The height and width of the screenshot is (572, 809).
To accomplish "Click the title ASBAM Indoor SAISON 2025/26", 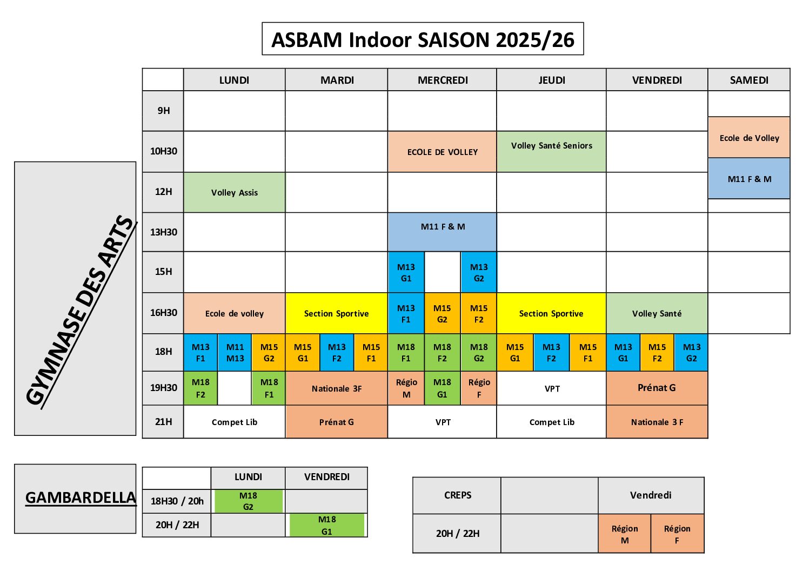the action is pyautogui.click(x=423, y=39).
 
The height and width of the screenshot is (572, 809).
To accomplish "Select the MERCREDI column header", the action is pyautogui.click(x=442, y=80).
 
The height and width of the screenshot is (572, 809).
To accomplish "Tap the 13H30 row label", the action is pyautogui.click(x=163, y=232).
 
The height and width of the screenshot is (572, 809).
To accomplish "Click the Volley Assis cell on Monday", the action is pyautogui.click(x=235, y=192).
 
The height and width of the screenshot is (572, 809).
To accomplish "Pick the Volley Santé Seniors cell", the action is pyautogui.click(x=551, y=151).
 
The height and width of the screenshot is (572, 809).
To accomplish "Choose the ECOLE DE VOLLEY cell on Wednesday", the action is pyautogui.click(x=442, y=152).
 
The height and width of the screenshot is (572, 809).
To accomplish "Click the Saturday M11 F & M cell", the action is pyautogui.click(x=749, y=179).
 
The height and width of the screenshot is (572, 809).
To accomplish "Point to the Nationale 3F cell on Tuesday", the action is pyautogui.click(x=337, y=388).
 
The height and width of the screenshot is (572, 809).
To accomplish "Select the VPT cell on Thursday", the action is pyautogui.click(x=551, y=388).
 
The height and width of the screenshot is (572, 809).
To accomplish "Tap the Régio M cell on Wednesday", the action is pyautogui.click(x=406, y=388).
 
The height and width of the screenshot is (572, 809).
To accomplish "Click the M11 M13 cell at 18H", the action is pyautogui.click(x=235, y=353).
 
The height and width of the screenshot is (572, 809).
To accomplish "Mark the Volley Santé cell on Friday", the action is pyautogui.click(x=657, y=313).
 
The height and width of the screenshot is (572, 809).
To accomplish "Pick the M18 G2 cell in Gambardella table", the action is pyautogui.click(x=249, y=501).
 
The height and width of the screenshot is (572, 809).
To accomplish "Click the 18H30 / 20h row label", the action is pyautogui.click(x=177, y=501).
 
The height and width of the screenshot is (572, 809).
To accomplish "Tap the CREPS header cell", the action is pyautogui.click(x=457, y=495).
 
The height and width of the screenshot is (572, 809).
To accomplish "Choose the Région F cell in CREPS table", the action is pyautogui.click(x=677, y=534).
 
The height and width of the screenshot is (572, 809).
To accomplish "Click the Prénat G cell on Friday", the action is pyautogui.click(x=657, y=388).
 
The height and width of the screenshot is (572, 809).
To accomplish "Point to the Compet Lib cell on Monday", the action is pyautogui.click(x=235, y=422).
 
